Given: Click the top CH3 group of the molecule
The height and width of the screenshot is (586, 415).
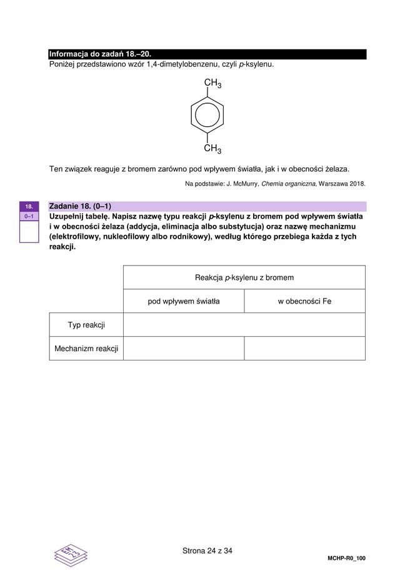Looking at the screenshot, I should [212, 84].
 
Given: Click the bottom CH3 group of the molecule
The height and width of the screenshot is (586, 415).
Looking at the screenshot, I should [212, 149].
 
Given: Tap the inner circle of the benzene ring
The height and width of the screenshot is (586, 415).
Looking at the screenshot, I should [207, 116].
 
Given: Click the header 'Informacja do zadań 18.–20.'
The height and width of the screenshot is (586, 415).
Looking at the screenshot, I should [100, 54].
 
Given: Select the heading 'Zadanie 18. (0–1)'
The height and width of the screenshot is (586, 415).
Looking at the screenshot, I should [80, 206].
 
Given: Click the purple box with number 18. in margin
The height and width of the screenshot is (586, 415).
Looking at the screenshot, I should [29, 206].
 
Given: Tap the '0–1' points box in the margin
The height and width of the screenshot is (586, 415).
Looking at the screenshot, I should [29, 216].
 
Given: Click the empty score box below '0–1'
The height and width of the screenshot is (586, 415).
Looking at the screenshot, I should [29, 231].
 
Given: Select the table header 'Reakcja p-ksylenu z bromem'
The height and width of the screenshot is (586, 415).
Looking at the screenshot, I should [244, 277].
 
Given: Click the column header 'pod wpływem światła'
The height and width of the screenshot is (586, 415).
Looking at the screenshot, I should [184, 301].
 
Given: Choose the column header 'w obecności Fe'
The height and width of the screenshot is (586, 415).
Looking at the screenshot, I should [304, 301].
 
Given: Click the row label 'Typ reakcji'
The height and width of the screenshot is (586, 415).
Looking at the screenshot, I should [86, 325].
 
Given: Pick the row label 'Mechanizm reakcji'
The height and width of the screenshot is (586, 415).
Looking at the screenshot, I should [86, 349].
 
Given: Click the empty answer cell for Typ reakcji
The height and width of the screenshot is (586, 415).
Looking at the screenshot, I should [244, 325].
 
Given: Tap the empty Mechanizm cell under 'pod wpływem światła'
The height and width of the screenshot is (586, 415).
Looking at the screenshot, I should [184, 349].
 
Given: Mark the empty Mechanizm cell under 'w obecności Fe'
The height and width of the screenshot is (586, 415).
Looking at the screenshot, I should [304, 349].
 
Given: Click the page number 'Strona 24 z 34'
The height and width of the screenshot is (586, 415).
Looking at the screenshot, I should [207, 551].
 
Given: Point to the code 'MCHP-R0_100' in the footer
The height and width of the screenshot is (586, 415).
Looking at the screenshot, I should [346, 558].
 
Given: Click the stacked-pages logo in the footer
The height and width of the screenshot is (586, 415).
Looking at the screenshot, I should [71, 554].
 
